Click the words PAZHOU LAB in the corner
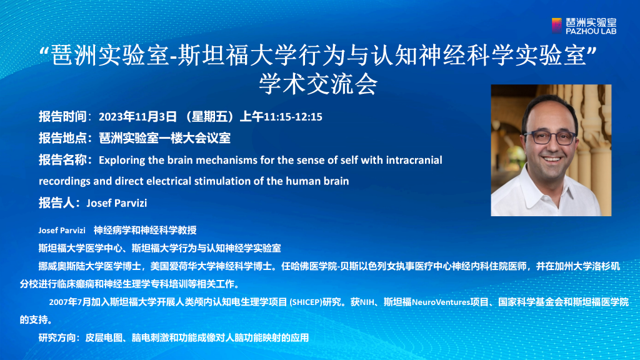pos(591,31)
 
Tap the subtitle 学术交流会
pos(318,84)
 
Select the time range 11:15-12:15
pos(293,117)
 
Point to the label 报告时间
pos(62,117)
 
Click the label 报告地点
pos(62,138)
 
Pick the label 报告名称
pos(62,160)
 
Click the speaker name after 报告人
pos(117,203)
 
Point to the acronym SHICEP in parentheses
pos(306,302)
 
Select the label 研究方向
pos(57,338)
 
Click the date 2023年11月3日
pos(137,117)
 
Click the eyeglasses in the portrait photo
pos(550,137)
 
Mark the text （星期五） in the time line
pos(209,117)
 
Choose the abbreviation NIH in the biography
pos(367,302)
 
